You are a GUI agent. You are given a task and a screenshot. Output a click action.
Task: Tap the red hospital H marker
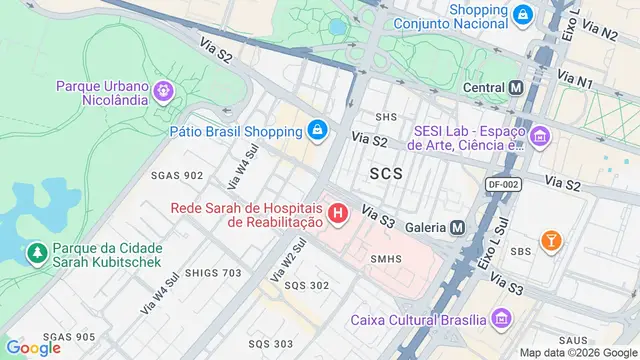pos(339,213)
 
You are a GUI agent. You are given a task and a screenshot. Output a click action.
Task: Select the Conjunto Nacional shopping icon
pos(523,15)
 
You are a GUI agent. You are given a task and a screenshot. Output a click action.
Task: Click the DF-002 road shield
pos(506,184)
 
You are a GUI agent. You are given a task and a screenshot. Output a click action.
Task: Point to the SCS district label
pos(386,174)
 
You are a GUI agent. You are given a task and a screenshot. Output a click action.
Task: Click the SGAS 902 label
pos(177,175)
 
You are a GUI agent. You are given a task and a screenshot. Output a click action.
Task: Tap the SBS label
pos(521,251)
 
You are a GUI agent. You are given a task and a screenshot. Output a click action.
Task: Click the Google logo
pos(33,347)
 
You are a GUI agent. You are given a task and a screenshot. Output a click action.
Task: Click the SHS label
pos(385,117)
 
